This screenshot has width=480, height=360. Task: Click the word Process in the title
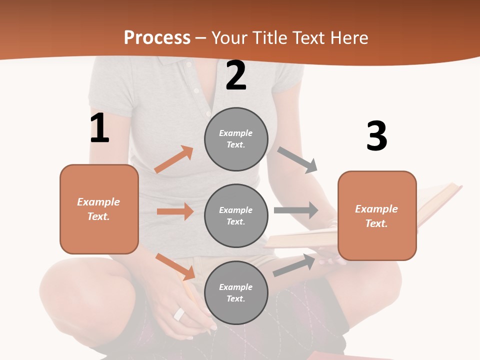(157, 37)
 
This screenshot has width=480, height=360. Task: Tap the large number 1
(99, 128)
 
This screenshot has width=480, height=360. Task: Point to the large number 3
(376, 136)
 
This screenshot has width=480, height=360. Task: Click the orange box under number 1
(99, 209)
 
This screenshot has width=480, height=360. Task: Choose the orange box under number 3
(377, 215)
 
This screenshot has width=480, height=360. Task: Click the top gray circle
(236, 139)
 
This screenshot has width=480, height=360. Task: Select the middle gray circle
(236, 215)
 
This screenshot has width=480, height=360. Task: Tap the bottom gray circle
(236, 292)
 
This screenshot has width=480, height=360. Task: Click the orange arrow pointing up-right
(174, 159)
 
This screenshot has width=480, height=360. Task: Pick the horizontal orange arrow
(175, 211)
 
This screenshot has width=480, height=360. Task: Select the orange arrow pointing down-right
(175, 266)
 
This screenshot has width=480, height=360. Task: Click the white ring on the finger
(179, 314)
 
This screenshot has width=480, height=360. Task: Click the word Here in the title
(350, 37)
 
